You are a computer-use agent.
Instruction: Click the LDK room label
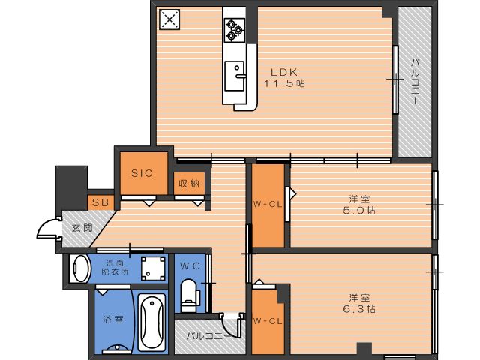284,72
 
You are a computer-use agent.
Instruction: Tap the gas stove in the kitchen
235,30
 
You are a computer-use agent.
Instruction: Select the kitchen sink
235,76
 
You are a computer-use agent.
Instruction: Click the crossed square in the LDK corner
169,19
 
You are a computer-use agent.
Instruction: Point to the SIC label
142,173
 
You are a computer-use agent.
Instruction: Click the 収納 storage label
189,184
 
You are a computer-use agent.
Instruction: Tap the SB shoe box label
100,202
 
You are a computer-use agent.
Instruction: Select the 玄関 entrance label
82,228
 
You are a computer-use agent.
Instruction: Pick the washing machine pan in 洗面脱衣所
153,268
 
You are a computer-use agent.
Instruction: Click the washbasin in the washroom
79,268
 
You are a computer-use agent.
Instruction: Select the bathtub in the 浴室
151,322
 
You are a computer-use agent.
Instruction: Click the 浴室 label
113,319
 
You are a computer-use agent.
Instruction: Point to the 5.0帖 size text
359,211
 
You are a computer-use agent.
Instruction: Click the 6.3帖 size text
359,309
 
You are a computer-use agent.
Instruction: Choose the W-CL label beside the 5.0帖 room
268,205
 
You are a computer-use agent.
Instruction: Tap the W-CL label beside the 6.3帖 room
268,321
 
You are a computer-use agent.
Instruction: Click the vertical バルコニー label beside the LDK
415,82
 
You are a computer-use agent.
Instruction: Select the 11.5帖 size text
284,83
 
